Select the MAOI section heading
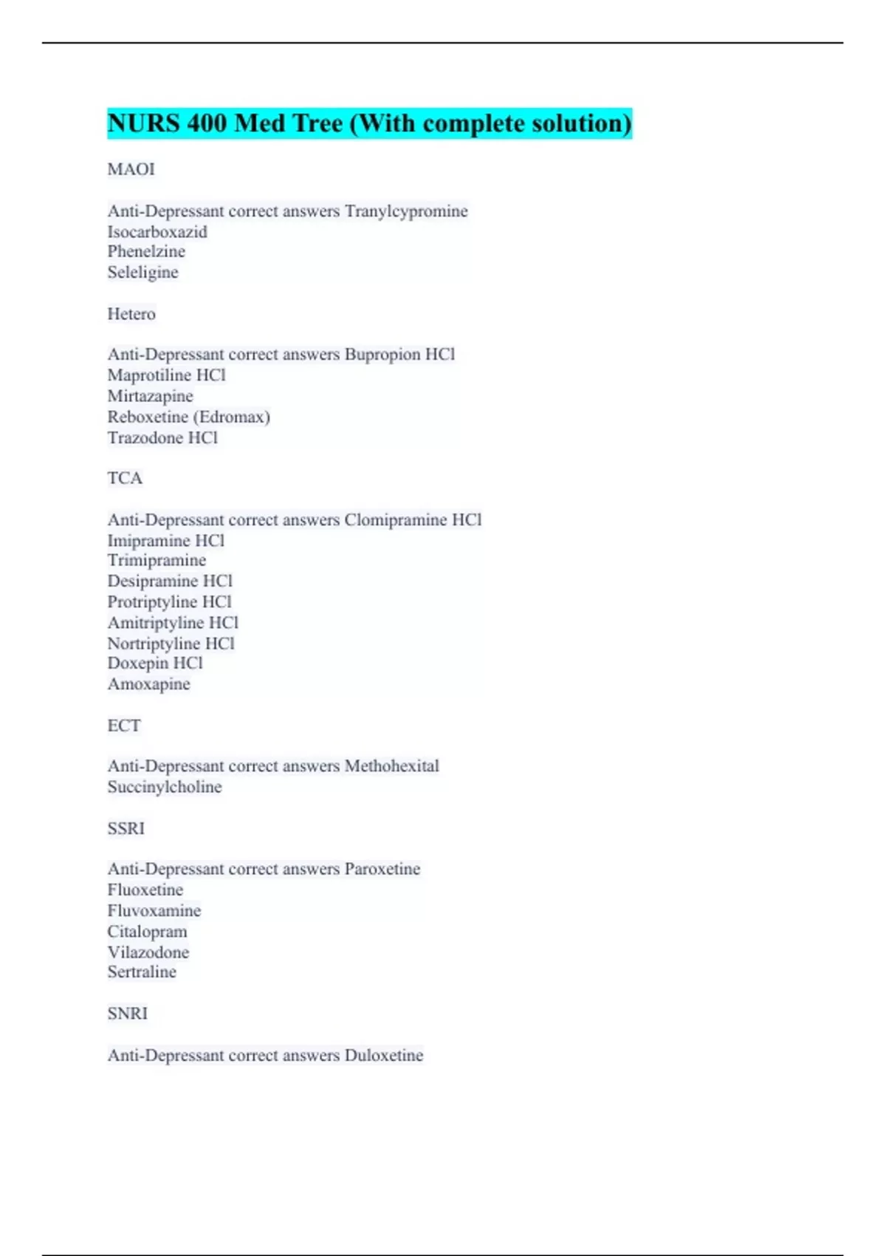(131, 169)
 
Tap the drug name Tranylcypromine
(406, 211)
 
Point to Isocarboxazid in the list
(157, 232)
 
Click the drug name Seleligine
(142, 273)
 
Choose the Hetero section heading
(131, 314)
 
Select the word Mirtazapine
(150, 396)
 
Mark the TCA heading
(125, 478)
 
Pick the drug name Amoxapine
(148, 684)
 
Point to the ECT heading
(123, 726)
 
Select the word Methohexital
(391, 766)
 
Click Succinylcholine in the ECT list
(165, 787)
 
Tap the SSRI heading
(126, 828)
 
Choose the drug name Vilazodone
(148, 952)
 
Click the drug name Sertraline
(142, 972)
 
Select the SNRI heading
(127, 1014)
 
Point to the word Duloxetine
(384, 1056)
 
